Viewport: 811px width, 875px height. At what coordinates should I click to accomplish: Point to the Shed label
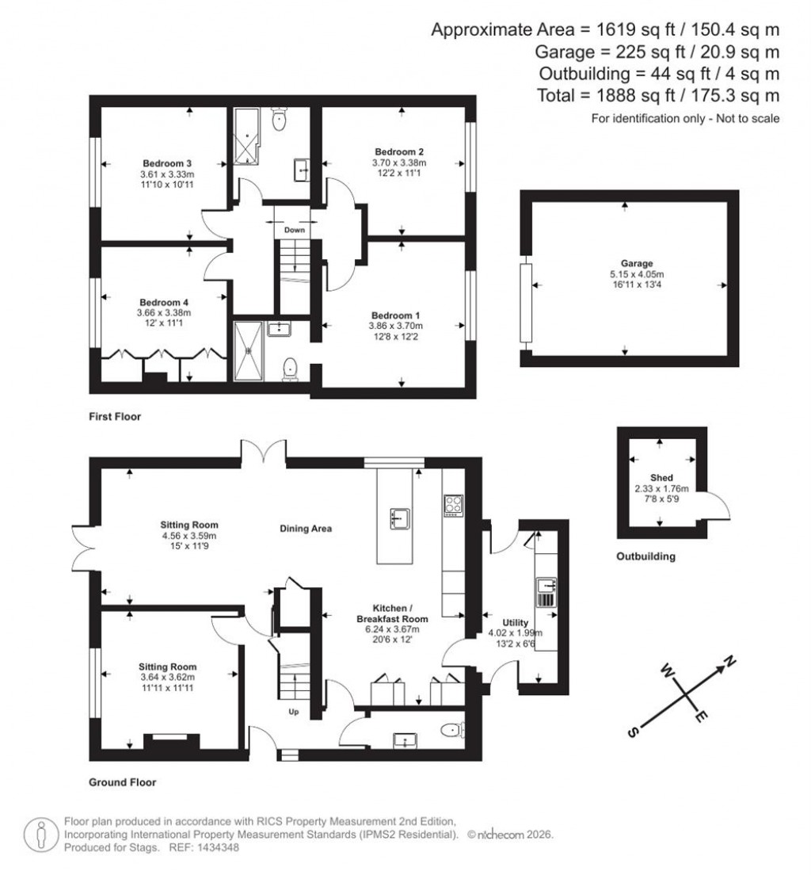tap(661, 478)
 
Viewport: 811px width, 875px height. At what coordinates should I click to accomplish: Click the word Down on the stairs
tap(295, 230)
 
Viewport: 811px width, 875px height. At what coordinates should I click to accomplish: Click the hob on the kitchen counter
tap(454, 506)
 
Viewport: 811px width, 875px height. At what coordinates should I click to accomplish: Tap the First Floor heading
tap(114, 416)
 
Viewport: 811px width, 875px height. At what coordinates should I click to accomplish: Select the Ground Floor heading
tap(122, 782)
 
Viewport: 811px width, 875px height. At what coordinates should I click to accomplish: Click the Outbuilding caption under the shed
tap(645, 556)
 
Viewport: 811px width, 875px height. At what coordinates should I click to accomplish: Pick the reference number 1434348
tap(212, 847)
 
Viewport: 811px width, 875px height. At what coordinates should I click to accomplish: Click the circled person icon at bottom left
tap(38, 835)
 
